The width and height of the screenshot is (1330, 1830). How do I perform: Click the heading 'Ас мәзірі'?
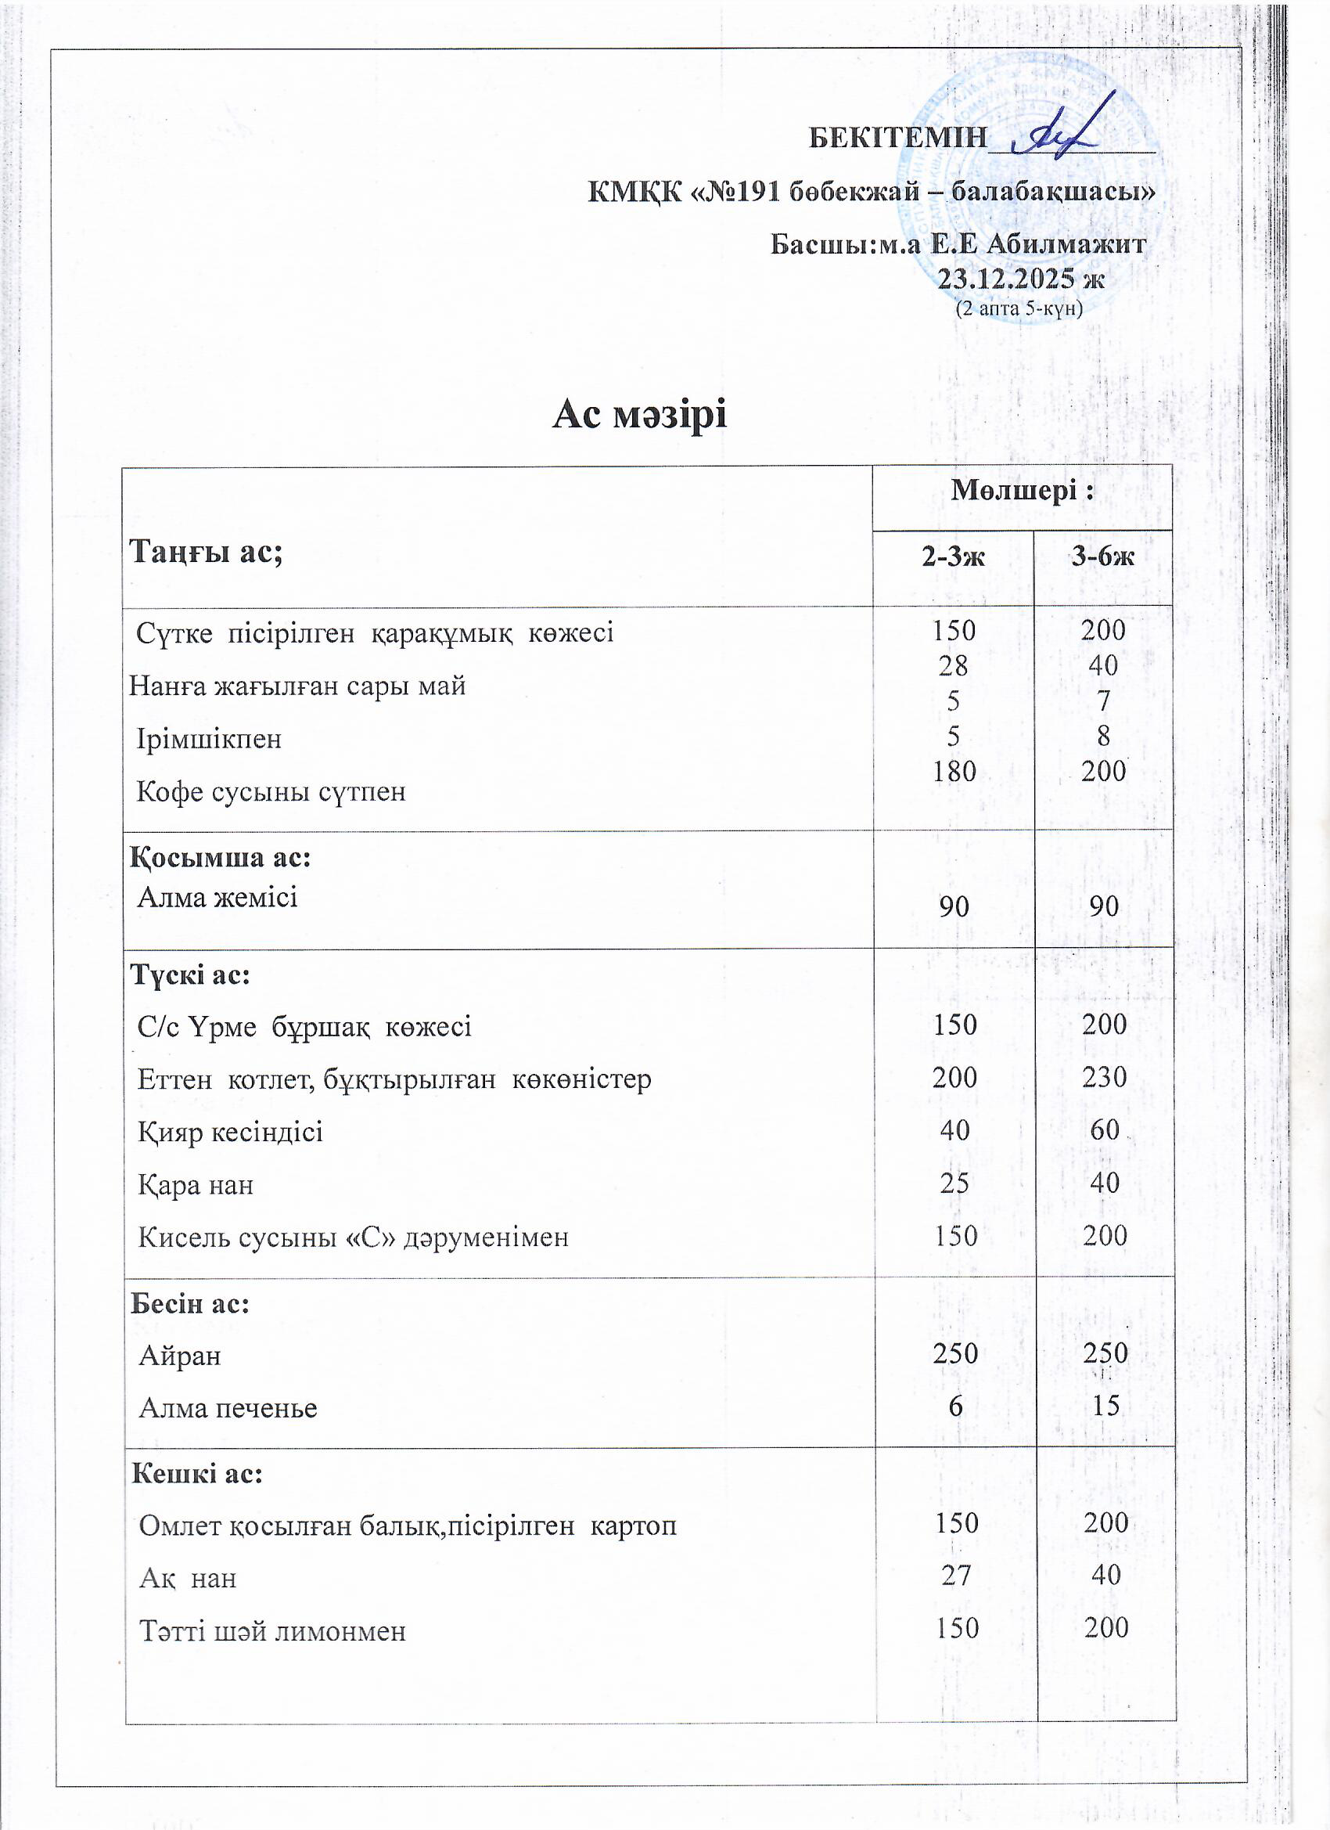[640, 415]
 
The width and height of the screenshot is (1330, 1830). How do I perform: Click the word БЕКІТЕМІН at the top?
[897, 138]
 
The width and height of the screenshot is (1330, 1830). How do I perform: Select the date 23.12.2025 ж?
[1021, 279]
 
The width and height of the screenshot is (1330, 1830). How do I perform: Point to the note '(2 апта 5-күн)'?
[1019, 308]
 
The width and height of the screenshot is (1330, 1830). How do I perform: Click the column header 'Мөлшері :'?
[1022, 491]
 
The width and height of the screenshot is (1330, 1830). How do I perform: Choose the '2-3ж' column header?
[954, 556]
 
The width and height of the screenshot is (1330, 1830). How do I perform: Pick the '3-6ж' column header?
[1102, 556]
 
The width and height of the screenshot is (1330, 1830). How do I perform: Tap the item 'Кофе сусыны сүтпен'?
[271, 791]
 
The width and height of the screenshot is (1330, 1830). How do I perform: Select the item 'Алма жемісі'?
[217, 897]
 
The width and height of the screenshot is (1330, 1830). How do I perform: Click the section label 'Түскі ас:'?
[190, 974]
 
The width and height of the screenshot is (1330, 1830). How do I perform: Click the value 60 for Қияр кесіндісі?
[1104, 1129]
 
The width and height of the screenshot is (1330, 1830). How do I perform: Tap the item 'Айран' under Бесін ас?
[180, 1356]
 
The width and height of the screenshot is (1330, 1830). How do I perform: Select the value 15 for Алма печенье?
[1105, 1406]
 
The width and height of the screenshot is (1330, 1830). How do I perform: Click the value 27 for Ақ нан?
[956, 1574]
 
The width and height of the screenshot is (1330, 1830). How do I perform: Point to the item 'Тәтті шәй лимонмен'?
[272, 1627]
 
